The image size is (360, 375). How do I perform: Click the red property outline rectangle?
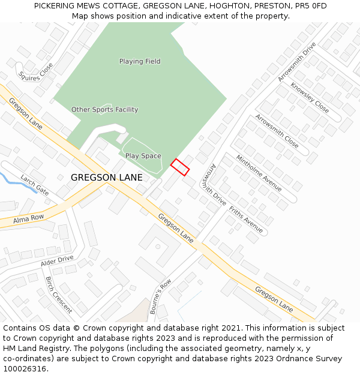pos(180,167)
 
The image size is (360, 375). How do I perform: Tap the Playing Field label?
pos(140,61)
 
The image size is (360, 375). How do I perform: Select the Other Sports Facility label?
pos(104,110)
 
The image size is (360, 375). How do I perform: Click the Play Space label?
pos(143,156)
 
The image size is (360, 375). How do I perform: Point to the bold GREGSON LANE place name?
pos(107,178)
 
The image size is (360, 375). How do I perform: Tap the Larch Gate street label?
pos(34,185)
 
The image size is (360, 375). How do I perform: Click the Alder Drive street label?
pos(57,261)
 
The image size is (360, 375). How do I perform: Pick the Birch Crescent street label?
pos(59,295)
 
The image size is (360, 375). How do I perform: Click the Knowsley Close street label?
pos(309,98)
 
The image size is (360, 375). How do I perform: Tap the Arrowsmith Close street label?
pos(277,131)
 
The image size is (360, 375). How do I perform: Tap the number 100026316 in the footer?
pos(25,369)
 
